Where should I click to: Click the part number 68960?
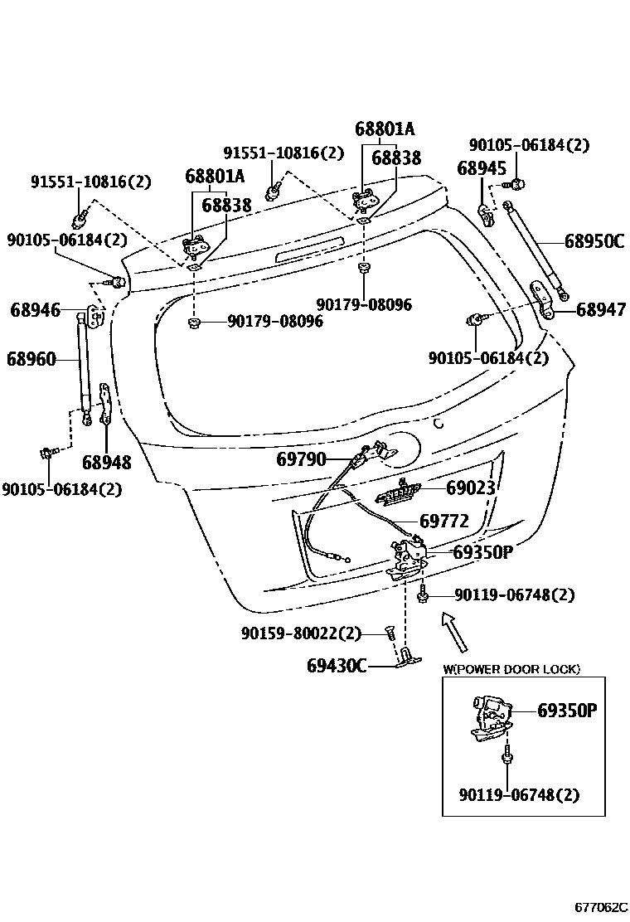click(x=31, y=359)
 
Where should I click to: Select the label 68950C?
click(x=594, y=241)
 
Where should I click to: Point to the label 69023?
click(x=471, y=488)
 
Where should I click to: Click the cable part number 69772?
click(x=444, y=521)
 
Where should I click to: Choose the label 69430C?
click(x=336, y=665)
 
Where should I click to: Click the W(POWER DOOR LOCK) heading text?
click(x=511, y=669)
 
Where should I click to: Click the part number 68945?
click(x=481, y=168)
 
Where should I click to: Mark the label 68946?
click(x=35, y=310)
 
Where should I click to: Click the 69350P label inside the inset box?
click(x=567, y=711)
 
